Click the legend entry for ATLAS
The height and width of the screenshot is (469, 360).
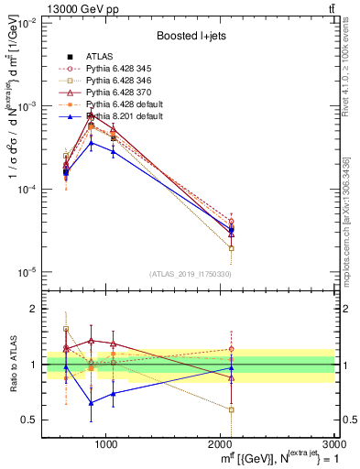pos(100,56)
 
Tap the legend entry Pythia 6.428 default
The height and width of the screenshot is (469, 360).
pos(125,104)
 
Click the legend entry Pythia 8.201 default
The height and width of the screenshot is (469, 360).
pos(125,116)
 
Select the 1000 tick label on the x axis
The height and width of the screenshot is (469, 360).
pos(105,443)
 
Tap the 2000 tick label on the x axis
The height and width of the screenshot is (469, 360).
pos(221,443)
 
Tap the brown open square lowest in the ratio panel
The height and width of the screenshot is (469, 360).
pos(232,409)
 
